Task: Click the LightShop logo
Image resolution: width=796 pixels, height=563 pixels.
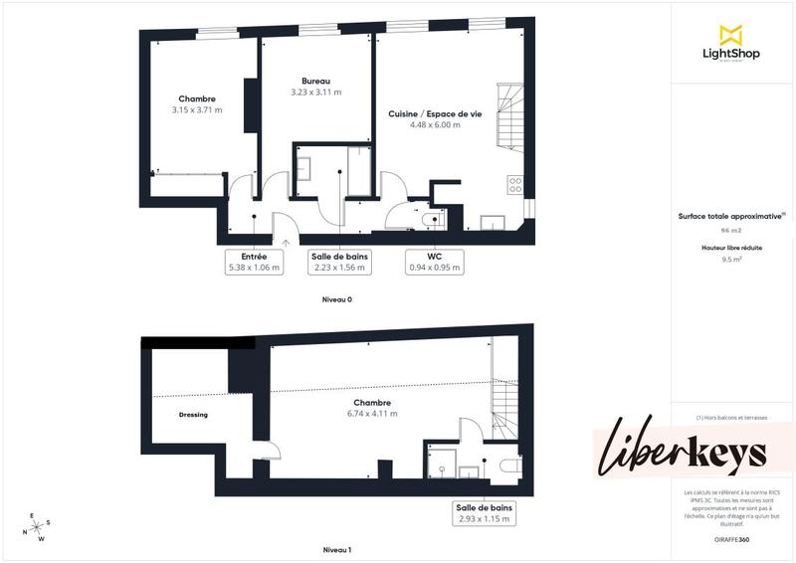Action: pos(732,43)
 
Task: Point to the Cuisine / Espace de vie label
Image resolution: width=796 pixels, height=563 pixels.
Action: pos(435,114)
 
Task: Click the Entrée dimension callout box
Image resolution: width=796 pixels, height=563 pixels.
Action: pos(254,262)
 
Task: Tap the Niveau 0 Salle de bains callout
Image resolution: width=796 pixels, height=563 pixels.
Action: pos(339,262)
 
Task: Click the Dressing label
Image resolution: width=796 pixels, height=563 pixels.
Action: pos(193,415)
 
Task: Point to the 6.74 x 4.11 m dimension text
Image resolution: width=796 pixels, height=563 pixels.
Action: pos(372,413)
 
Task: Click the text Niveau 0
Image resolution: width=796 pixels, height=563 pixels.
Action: pos(337,299)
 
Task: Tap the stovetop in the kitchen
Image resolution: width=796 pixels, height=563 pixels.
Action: pos(515,184)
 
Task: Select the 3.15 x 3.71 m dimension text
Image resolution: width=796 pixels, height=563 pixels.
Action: pos(197,109)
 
